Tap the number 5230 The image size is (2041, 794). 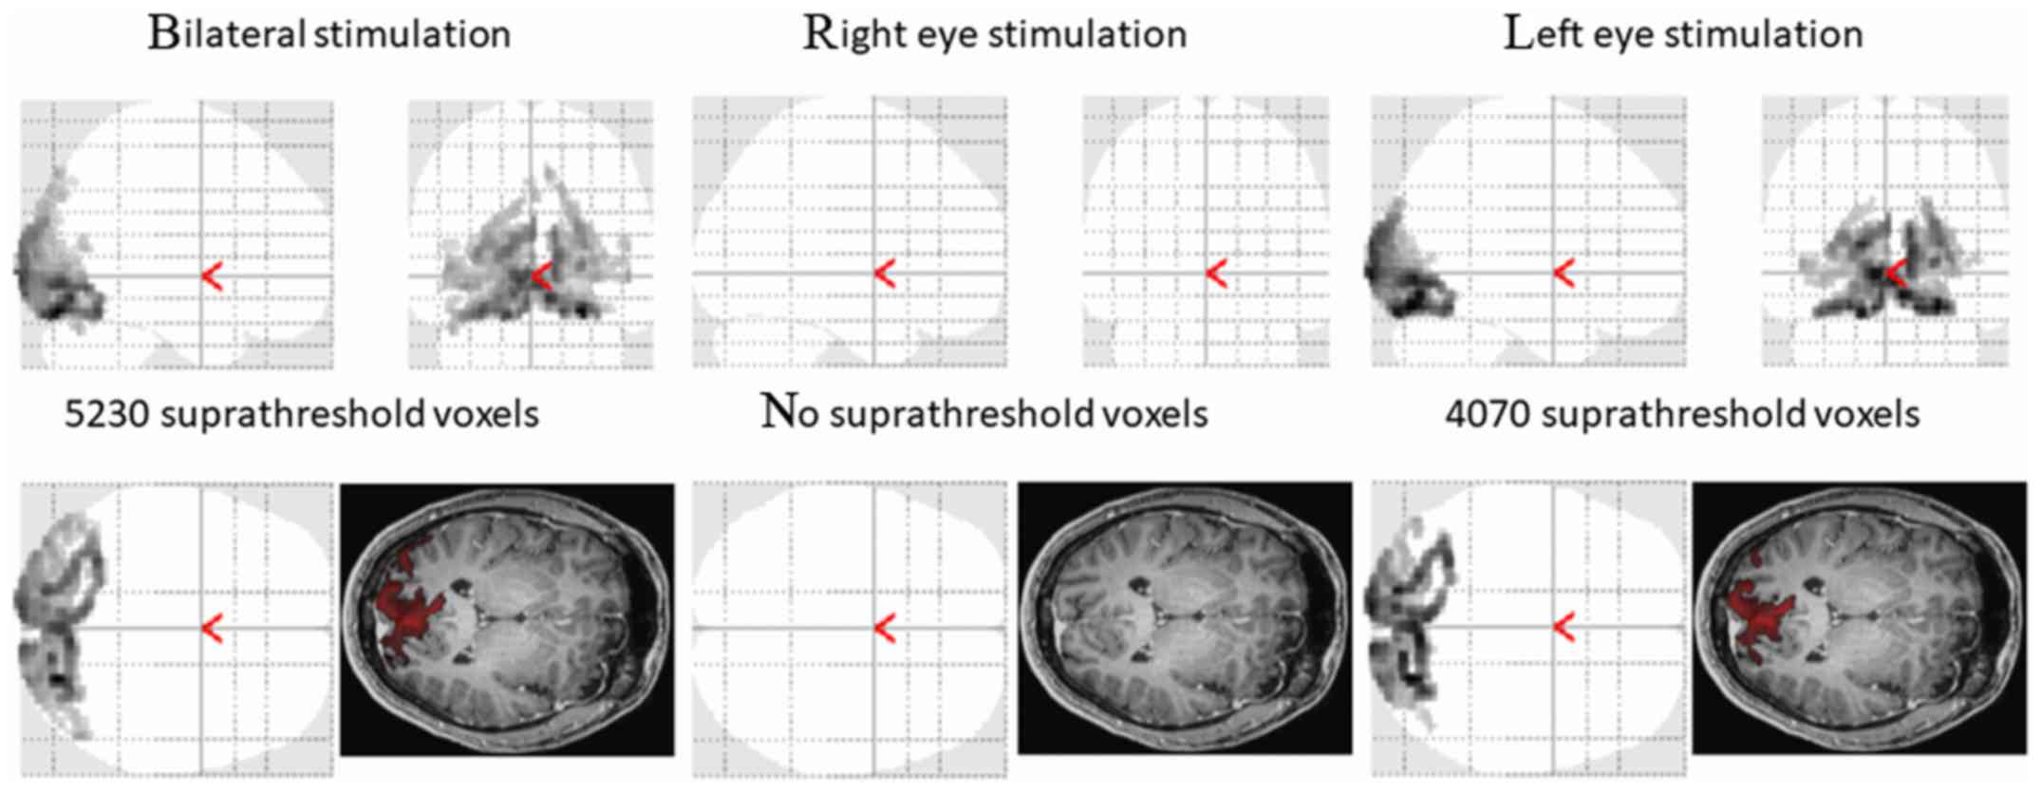click(106, 415)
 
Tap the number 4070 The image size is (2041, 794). click(1487, 415)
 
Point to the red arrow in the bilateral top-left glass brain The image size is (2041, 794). click(212, 276)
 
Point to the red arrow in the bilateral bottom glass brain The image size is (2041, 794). click(212, 628)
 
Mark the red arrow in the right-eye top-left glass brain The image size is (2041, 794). click(885, 274)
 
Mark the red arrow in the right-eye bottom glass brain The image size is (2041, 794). click(885, 629)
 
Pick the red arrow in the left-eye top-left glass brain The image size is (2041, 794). click(1564, 274)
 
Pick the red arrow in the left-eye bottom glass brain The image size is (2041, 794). click(1564, 627)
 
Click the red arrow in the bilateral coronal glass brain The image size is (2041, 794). click(541, 276)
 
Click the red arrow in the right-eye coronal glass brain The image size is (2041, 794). click(1216, 274)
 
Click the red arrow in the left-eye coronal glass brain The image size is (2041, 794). click(1896, 274)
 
